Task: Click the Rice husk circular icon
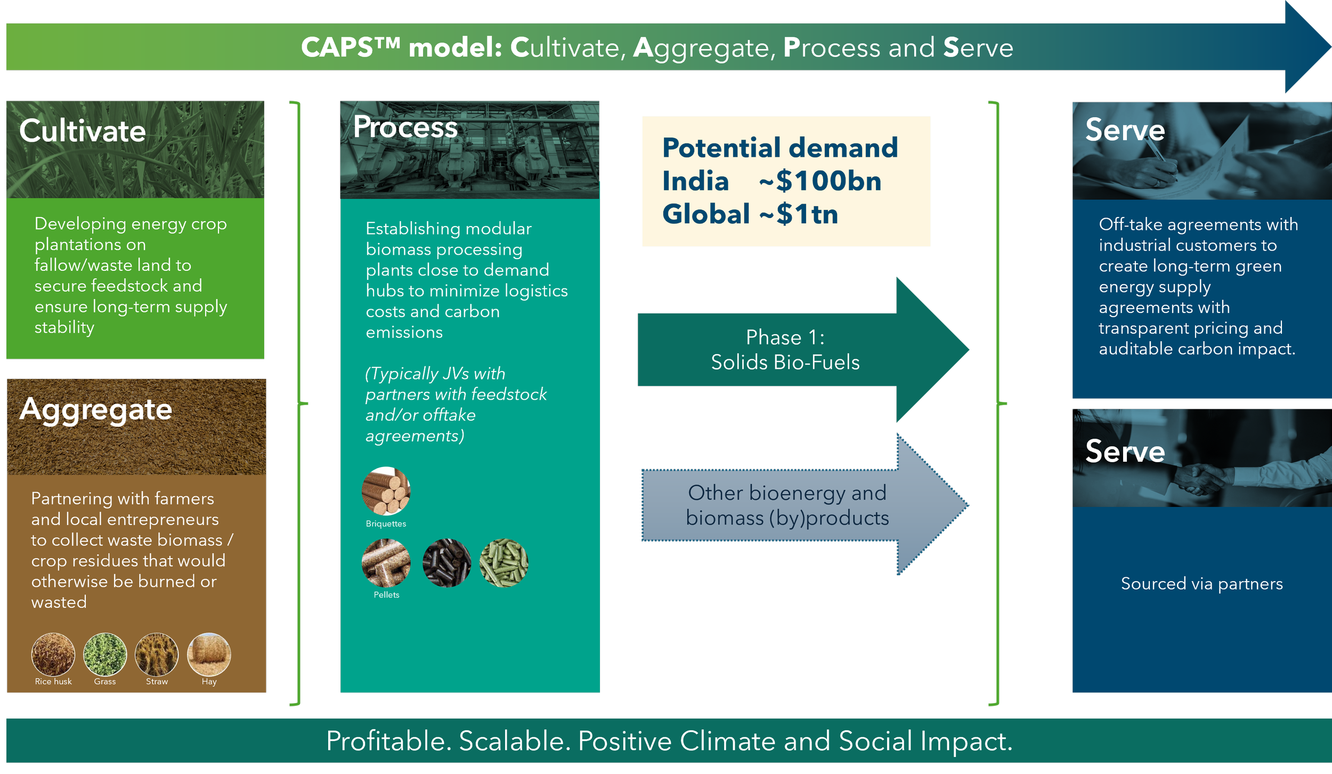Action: click(53, 654)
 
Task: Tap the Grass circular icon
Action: click(105, 654)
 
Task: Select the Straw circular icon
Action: click(157, 654)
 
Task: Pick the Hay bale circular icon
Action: click(209, 654)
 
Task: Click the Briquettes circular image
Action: click(386, 491)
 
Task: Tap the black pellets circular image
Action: click(446, 563)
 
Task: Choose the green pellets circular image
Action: click(503, 563)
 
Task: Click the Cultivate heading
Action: click(83, 131)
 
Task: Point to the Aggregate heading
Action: click(96, 409)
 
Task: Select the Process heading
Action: click(405, 127)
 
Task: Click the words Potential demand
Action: click(779, 148)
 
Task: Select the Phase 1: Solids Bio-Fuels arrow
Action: click(785, 350)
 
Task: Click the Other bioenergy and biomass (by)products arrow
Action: click(787, 505)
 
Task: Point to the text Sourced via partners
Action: click(1201, 584)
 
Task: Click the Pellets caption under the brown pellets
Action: click(386, 595)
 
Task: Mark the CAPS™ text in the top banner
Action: click(350, 47)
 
